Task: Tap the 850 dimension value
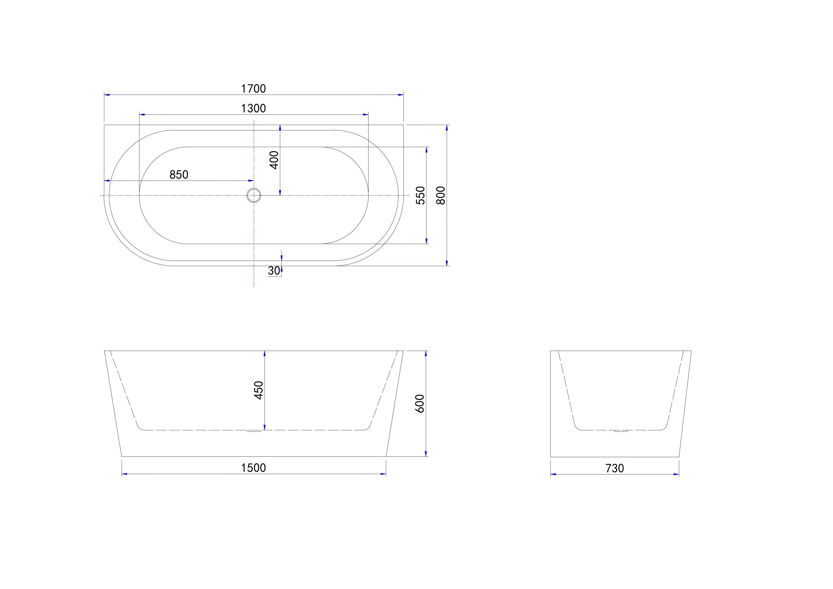(179, 175)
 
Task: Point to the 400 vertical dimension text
(274, 160)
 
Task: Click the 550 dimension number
(420, 195)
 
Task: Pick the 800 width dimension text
(440, 195)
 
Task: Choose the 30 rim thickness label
(274, 271)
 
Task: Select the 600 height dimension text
(419, 403)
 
